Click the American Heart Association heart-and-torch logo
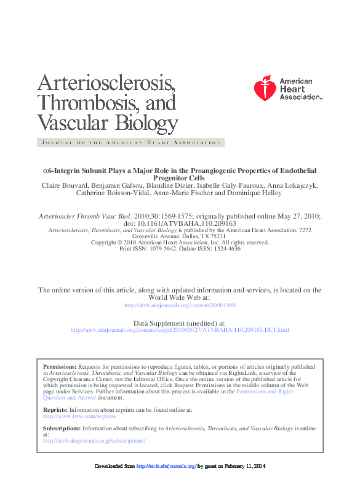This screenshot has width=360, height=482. [x=265, y=89]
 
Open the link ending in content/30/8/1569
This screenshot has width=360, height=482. [x=180, y=305]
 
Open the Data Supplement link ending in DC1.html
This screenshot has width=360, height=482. [x=180, y=330]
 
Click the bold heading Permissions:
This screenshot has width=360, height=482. [x=60, y=366]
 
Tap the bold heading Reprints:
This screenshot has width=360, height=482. [x=55, y=409]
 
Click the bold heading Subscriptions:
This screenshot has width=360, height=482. [x=62, y=427]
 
